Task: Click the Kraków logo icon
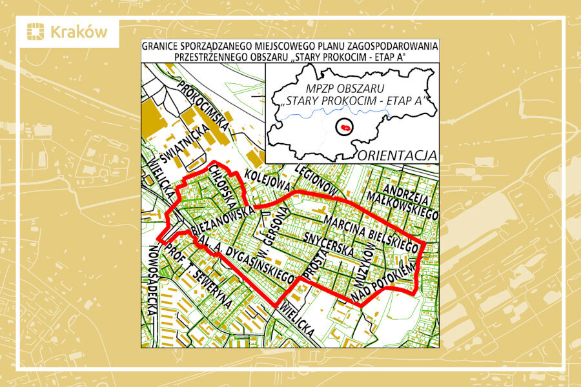(36, 32)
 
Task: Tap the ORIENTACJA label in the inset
(398, 155)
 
